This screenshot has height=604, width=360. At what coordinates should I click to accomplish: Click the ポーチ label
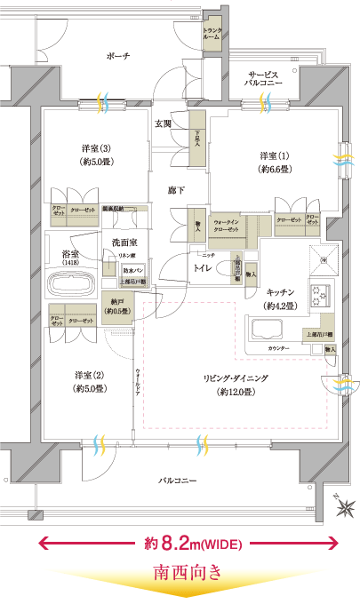click(117, 56)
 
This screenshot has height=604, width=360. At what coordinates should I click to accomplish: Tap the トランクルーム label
click(212, 33)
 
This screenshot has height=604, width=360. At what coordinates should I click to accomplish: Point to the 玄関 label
click(164, 123)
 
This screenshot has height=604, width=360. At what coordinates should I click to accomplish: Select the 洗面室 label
click(124, 242)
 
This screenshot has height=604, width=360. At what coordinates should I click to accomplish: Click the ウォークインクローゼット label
click(232, 225)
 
